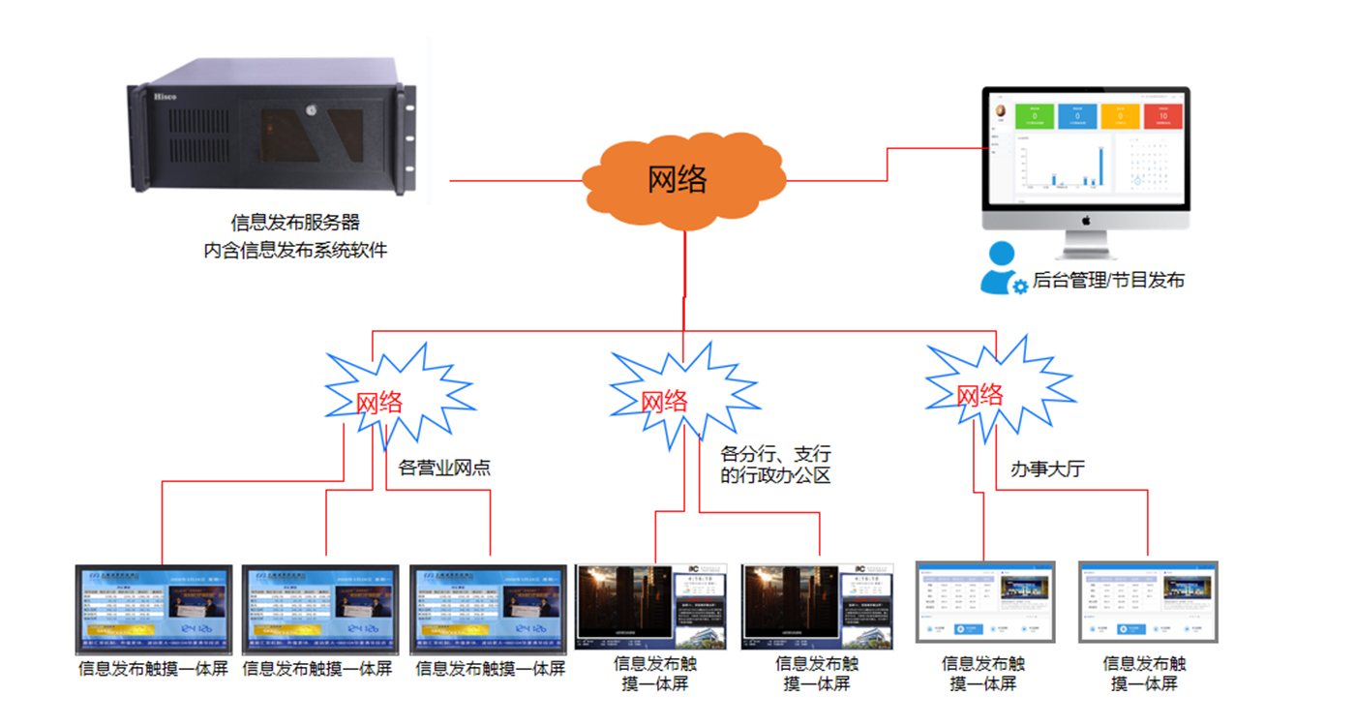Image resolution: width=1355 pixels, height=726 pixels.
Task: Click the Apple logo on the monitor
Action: click(x=1086, y=221)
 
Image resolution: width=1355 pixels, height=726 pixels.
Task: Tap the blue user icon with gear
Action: click(x=1002, y=268)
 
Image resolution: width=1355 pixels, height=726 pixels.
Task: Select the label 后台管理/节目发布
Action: click(x=1108, y=281)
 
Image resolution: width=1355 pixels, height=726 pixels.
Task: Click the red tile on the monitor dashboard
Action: click(x=1162, y=115)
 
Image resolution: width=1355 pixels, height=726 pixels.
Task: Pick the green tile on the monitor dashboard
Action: click(x=1034, y=115)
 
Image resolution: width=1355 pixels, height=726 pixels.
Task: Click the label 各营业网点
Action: click(x=444, y=469)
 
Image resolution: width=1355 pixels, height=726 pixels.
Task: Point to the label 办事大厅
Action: click(x=1047, y=469)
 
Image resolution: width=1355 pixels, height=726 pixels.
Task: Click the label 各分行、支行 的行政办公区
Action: click(x=775, y=464)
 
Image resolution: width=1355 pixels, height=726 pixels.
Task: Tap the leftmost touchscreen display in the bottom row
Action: click(x=155, y=610)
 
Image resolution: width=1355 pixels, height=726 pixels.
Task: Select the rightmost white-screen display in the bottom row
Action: click(x=1148, y=602)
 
